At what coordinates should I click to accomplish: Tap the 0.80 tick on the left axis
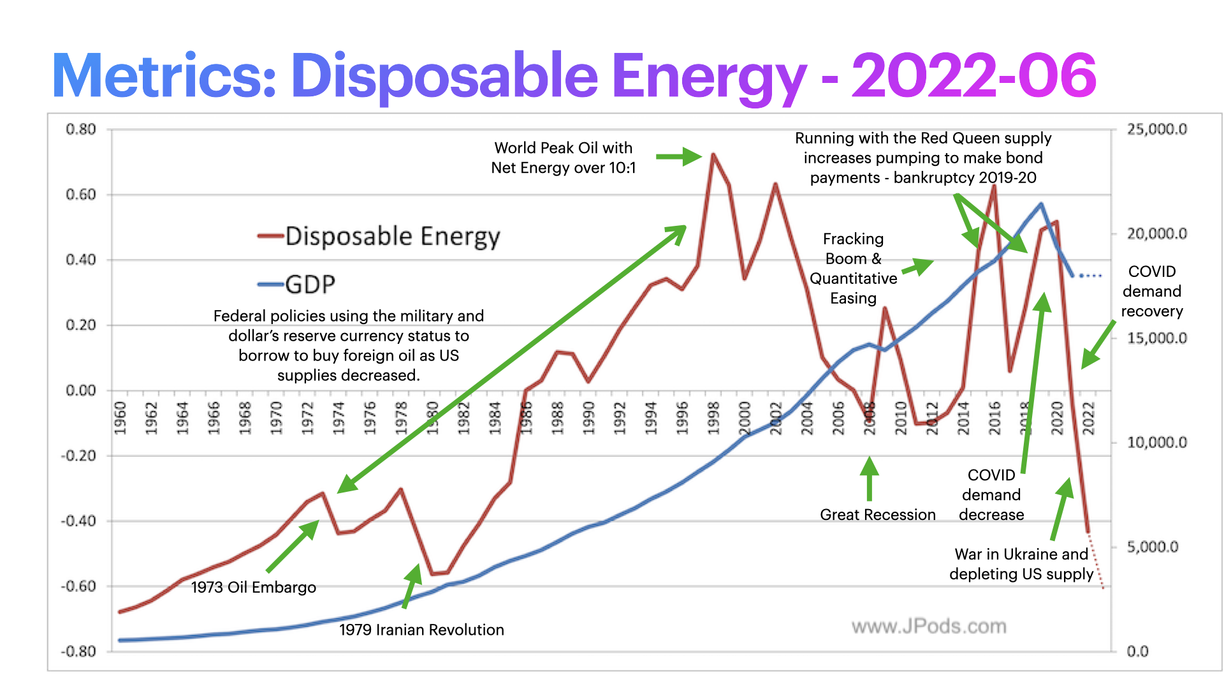point(81,130)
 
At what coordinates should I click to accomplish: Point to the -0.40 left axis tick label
point(78,521)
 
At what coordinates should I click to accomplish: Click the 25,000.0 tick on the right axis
point(1156,130)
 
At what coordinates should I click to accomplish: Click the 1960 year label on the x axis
point(120,418)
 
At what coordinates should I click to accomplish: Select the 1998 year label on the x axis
point(713,418)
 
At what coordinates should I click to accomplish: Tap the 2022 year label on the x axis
point(1089,418)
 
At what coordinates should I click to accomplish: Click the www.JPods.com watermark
point(929,626)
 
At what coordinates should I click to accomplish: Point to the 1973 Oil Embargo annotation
point(253,587)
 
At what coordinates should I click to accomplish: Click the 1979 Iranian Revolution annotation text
point(421,630)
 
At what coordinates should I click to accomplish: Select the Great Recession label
point(877,515)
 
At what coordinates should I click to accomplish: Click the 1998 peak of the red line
point(713,154)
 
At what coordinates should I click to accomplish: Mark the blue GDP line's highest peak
point(1041,204)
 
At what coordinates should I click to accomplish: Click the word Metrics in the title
point(164,77)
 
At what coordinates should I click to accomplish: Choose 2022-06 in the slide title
point(973,77)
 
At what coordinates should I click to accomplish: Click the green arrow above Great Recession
point(869,478)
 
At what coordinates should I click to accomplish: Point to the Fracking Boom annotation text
point(853,269)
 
